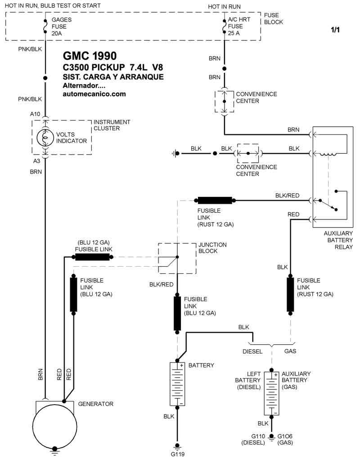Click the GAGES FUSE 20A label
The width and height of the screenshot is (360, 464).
click(x=62, y=27)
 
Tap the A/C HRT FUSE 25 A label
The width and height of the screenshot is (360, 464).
click(x=239, y=27)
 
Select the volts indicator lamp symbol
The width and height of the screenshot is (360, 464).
click(x=45, y=137)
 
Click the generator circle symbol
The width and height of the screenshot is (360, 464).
click(x=54, y=425)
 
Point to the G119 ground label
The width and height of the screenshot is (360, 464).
click(x=178, y=454)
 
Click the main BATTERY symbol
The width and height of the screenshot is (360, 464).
click(x=177, y=384)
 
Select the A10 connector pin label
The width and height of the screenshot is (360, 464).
click(x=35, y=114)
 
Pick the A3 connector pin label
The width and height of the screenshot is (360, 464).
click(x=36, y=161)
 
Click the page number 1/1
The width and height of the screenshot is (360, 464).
click(x=335, y=30)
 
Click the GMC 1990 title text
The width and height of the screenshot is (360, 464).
click(x=90, y=56)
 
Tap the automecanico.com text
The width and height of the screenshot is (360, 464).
click(x=94, y=94)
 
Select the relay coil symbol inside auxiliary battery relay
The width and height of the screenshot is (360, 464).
click(x=328, y=154)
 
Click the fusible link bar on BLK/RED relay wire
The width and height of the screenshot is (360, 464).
click(x=215, y=201)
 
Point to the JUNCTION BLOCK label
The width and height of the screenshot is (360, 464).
click(x=212, y=248)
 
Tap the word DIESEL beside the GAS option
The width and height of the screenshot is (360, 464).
click(x=252, y=351)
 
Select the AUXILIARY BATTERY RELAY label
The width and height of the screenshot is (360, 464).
click(x=338, y=240)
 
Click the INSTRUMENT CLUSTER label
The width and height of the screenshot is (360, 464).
click(x=112, y=125)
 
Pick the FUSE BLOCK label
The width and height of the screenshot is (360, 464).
click(x=273, y=18)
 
